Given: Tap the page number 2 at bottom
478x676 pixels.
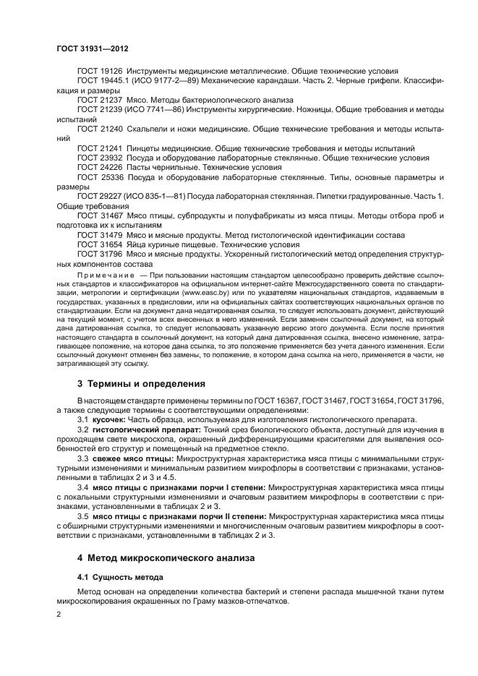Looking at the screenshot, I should tap(59, 614).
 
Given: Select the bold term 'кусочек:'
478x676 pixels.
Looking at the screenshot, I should tap(110, 420).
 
